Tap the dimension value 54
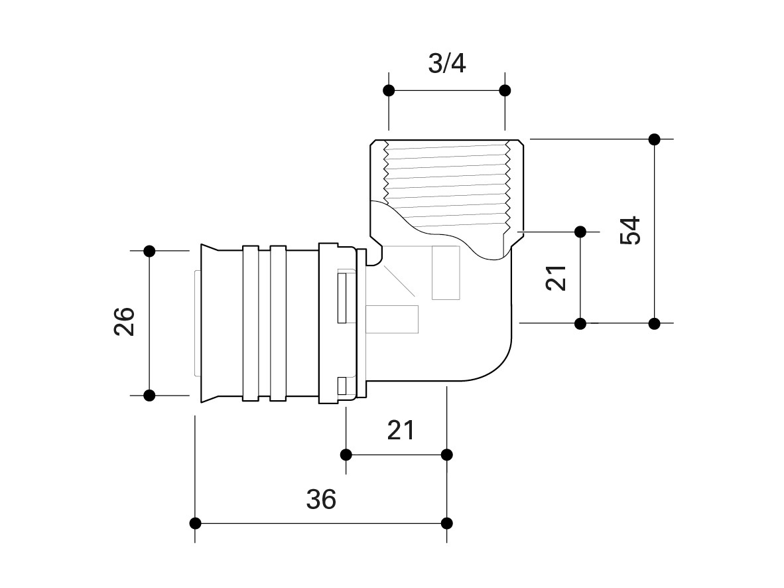click(631, 230)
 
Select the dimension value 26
click(125, 322)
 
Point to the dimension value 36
click(321, 498)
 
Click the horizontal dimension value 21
click(401, 430)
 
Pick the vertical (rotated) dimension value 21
click(557, 277)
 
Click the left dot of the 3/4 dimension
click(389, 90)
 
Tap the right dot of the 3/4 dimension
click(505, 90)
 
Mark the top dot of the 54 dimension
click(655, 139)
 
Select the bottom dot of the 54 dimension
click(655, 323)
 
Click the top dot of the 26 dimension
click(149, 251)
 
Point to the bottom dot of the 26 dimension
click(149, 395)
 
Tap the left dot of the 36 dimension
click(196, 523)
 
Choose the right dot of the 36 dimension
click(447, 523)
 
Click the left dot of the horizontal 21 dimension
click(346, 455)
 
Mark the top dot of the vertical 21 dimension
click(580, 232)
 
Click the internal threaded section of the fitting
click(446, 179)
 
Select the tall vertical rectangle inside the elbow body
click(446, 272)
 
